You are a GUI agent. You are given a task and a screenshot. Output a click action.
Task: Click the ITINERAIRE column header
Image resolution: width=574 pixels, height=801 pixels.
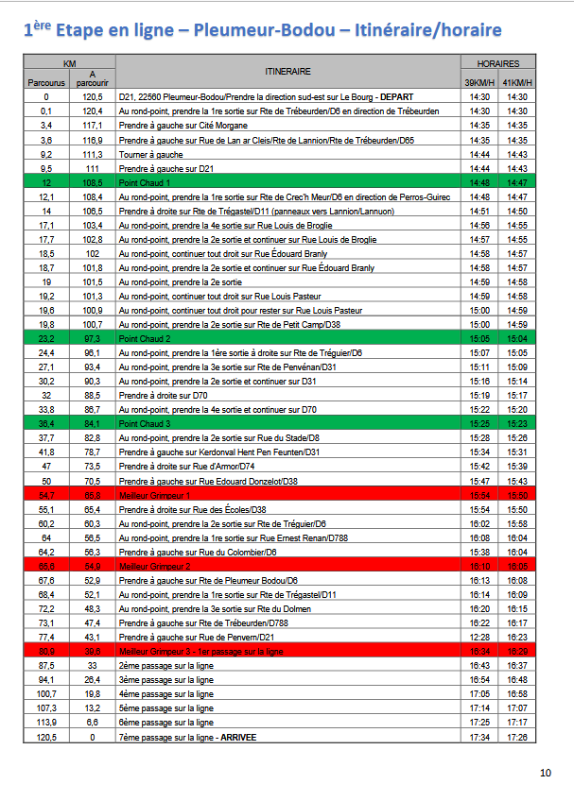tap(288, 72)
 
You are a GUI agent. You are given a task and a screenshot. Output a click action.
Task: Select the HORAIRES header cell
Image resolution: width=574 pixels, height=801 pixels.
tap(497, 63)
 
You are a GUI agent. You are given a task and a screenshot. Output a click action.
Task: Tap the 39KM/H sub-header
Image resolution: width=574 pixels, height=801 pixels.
tap(478, 83)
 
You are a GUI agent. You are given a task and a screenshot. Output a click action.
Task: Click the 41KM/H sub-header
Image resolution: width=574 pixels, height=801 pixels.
tap(516, 83)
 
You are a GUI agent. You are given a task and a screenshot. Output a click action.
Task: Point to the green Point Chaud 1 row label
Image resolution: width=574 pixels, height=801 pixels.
tap(145, 181)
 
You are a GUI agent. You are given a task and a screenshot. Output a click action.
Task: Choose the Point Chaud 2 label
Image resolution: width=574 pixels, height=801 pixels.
tap(145, 338)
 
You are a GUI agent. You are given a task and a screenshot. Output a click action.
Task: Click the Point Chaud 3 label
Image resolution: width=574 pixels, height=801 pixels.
tap(145, 423)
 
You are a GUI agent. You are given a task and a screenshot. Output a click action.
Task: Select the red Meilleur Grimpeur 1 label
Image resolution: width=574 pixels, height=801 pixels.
tap(155, 494)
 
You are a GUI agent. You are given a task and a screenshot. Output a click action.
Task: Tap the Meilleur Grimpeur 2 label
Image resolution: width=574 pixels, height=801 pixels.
tap(155, 565)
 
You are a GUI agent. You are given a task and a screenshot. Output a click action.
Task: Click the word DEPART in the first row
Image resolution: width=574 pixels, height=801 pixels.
tap(395, 96)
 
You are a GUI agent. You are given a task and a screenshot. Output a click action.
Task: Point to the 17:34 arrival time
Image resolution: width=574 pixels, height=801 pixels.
tap(478, 736)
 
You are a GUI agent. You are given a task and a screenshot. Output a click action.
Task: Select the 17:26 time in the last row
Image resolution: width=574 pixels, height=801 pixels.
tap(516, 736)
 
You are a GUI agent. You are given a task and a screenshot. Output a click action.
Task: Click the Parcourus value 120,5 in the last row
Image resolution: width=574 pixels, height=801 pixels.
tap(46, 736)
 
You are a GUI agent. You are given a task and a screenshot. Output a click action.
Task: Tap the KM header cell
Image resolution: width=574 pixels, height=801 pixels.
tap(69, 63)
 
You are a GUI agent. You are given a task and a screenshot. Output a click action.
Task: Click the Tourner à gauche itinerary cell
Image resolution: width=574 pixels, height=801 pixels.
tap(151, 154)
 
